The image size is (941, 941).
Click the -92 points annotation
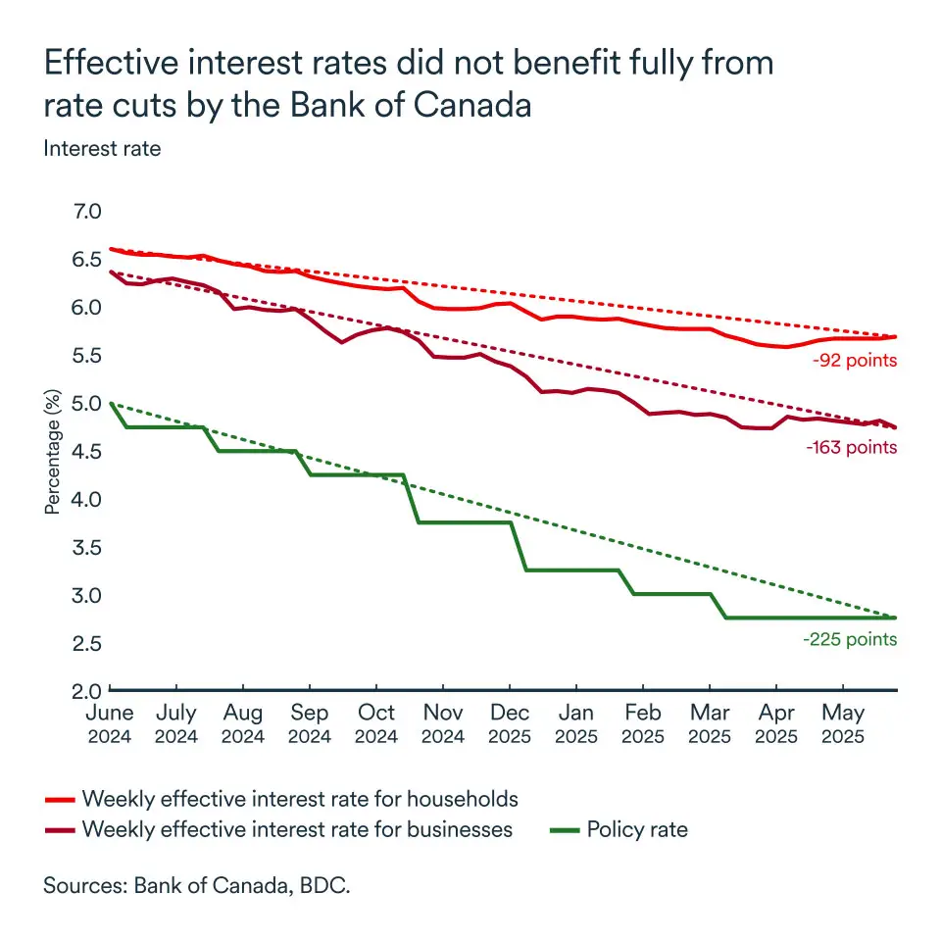point(855,360)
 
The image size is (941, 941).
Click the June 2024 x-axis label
point(110,723)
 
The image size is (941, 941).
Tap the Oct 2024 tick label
point(377,723)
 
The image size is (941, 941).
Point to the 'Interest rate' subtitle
point(102,149)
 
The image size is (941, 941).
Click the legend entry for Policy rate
point(637,830)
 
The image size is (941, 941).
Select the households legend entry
point(300,798)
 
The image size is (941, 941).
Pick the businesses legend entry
point(297,830)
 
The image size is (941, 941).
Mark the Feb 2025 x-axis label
point(644,723)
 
